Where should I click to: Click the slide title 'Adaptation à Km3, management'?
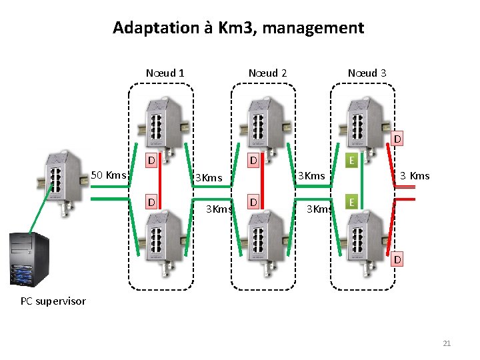(x=239, y=28)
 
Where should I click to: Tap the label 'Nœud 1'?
(x=165, y=73)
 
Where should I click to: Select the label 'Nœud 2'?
(x=267, y=73)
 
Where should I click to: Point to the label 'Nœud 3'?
(x=367, y=73)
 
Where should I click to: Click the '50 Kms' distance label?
(x=108, y=175)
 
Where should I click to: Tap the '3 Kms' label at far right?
(x=414, y=176)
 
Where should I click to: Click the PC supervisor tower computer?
(x=29, y=260)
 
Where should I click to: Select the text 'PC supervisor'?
(x=53, y=301)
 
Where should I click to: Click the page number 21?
(x=447, y=343)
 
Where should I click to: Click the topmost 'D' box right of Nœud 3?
(x=397, y=139)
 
